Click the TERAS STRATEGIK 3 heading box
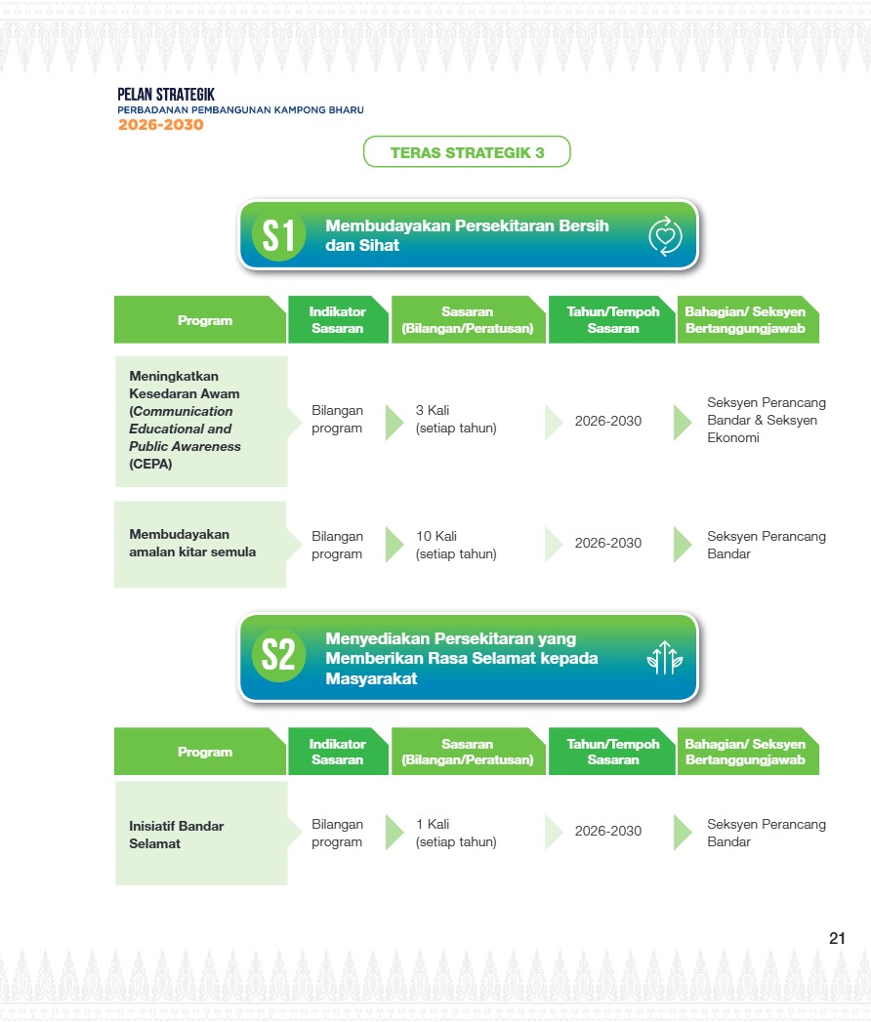467,152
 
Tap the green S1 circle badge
278,235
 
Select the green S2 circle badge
278,655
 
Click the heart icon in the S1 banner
665,236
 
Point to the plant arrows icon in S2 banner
665,657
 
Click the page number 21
837,938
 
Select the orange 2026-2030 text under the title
160,125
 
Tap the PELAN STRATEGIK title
166,95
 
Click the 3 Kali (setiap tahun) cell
456,419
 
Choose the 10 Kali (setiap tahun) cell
456,545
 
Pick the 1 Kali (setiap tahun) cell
456,833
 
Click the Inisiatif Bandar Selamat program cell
201,834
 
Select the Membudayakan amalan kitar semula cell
200,545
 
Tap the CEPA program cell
201,421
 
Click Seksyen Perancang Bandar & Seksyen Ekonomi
767,420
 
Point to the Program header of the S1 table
200,319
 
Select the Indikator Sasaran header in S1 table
338,319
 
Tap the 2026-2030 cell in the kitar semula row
607,543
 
